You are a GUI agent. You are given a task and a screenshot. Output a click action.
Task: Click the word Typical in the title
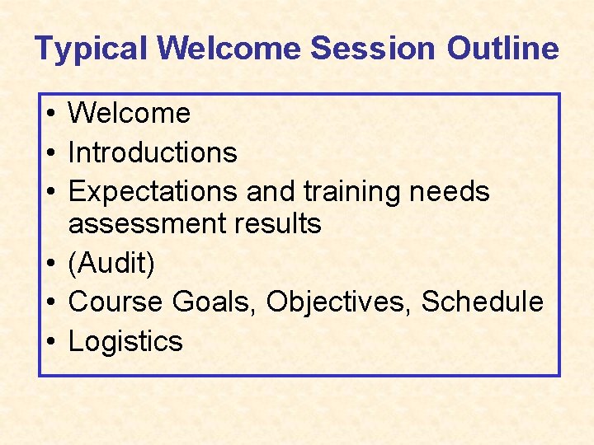[x=92, y=49]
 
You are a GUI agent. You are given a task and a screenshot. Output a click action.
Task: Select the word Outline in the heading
[x=502, y=49]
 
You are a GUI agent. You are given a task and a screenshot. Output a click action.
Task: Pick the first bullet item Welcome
[x=129, y=114]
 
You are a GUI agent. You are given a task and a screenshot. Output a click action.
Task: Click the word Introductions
[x=153, y=152]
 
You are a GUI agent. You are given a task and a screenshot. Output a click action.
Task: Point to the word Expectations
[x=154, y=192]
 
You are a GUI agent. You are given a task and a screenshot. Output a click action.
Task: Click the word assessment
[x=145, y=223]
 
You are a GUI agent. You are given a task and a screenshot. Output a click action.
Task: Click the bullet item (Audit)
[x=111, y=264]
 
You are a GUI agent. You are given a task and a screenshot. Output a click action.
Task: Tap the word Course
[x=116, y=302]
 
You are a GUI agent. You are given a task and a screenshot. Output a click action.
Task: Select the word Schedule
[x=483, y=302]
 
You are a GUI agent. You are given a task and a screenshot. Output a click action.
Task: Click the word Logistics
[x=125, y=341]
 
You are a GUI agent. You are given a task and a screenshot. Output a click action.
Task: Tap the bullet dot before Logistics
[x=51, y=342]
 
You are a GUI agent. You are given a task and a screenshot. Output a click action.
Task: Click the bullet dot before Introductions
[x=51, y=153]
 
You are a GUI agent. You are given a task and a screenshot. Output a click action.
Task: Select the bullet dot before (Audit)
[x=51, y=265]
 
